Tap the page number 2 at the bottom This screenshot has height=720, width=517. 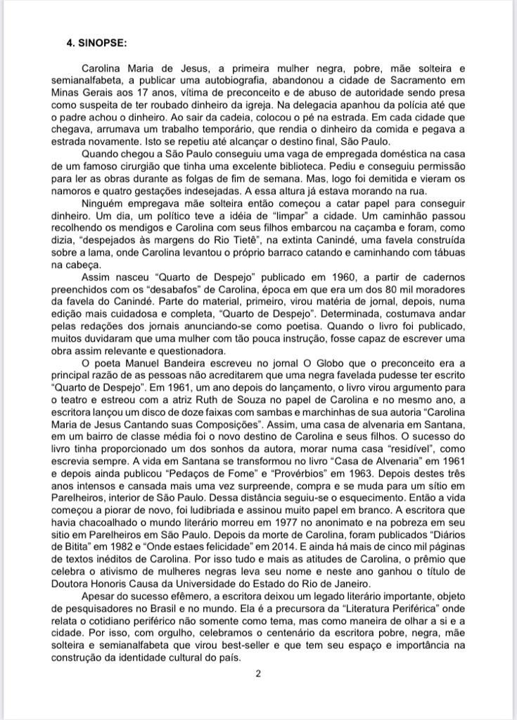[x=258, y=674]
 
